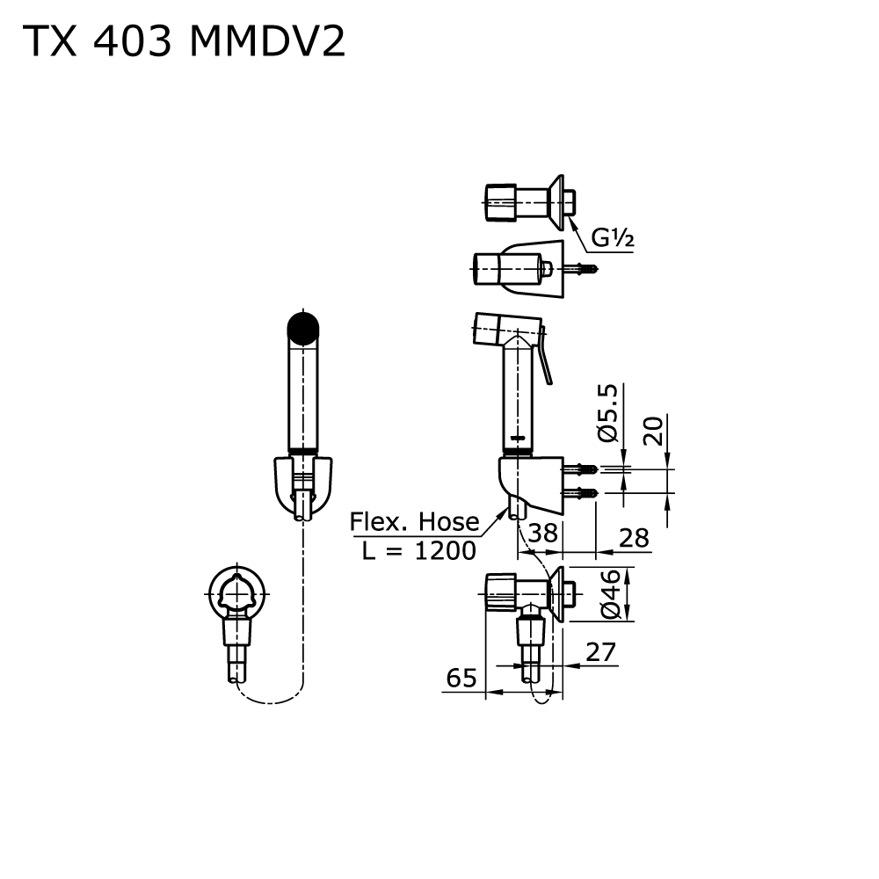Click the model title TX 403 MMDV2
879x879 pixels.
pyautogui.click(x=183, y=41)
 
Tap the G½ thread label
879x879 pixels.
pyautogui.click(x=612, y=237)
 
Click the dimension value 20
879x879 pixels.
pyautogui.click(x=652, y=431)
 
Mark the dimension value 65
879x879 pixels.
pyautogui.click(x=461, y=678)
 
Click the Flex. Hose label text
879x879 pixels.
pyautogui.click(x=415, y=522)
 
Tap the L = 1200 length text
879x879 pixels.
pyautogui.click(x=419, y=550)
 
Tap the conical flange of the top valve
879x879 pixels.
pyautogui.click(x=556, y=199)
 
